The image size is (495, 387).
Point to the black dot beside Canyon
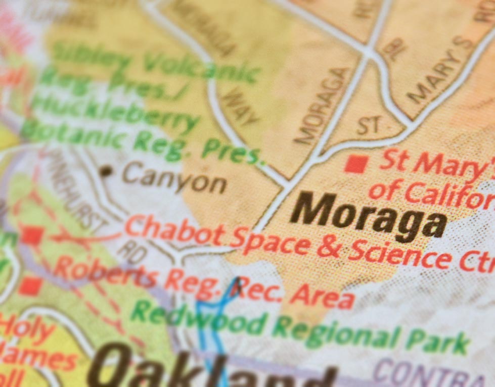click(x=105, y=171)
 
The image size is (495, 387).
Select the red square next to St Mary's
click(x=355, y=164)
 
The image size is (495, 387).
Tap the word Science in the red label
click(x=399, y=255)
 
